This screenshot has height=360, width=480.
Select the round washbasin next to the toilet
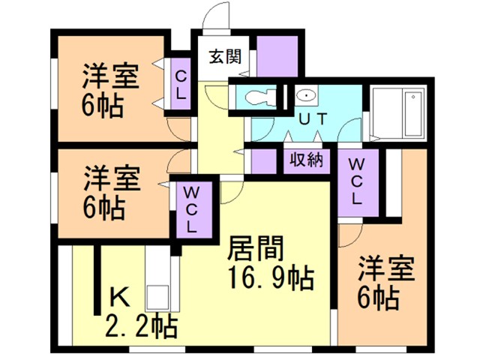click(x=306, y=97)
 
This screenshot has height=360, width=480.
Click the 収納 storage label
click(x=305, y=160)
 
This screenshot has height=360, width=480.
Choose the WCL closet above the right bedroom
click(x=356, y=182)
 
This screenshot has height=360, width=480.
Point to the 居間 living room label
click(x=259, y=247)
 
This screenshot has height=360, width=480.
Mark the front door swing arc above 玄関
click(x=214, y=19)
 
